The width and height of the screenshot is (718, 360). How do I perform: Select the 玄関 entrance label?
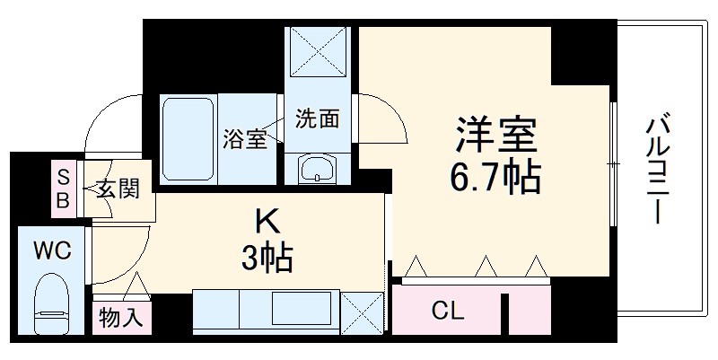[x=118, y=189]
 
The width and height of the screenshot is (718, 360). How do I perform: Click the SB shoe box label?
[x=64, y=189]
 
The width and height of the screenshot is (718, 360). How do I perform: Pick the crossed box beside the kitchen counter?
[x=362, y=312]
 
